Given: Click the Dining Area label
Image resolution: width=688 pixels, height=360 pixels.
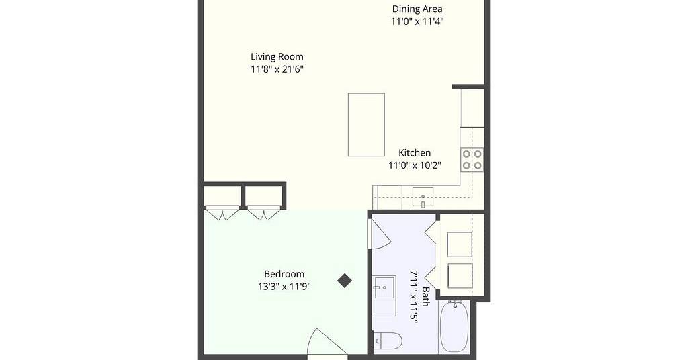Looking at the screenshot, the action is pos(417,9).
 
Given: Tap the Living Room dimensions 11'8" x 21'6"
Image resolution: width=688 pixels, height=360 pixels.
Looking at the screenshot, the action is pos(277,69).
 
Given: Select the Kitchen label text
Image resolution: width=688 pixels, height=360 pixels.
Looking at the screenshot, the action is pos(414,152).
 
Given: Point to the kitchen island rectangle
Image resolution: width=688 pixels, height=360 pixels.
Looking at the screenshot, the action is pos(366,124).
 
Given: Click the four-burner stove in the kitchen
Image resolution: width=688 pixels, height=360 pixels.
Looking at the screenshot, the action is pos(472,160).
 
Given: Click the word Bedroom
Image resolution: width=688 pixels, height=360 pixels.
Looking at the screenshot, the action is pos(284,274).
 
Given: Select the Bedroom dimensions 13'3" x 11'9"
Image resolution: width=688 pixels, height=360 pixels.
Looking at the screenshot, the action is pos(284,287).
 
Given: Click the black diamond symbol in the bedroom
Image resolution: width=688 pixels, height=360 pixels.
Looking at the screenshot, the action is pos(345,281).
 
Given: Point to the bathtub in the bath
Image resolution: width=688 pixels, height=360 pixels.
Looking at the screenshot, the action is pos(454,326).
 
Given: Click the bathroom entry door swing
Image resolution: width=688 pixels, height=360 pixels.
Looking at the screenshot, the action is pos(380,233).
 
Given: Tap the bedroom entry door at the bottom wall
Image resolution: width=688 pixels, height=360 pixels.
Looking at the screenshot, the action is pos(327,344).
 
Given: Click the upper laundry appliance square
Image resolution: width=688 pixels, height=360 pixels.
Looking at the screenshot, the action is pos(460,244).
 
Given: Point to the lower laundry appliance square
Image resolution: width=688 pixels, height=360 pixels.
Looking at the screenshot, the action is pos(460,276).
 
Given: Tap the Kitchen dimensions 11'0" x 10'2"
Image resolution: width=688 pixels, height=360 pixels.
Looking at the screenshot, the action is pos(414,165).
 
